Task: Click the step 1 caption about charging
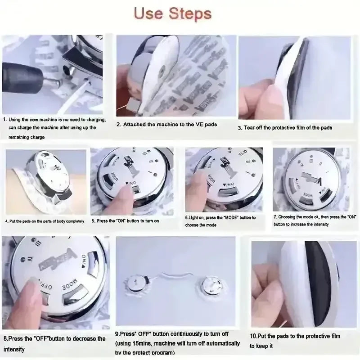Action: tap(54, 128)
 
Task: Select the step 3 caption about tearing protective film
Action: tap(285, 128)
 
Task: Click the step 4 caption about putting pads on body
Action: tap(45, 221)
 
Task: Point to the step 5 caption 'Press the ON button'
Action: tap(125, 221)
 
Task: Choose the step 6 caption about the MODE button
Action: tap(220, 221)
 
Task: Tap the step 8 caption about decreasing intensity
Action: tap(54, 343)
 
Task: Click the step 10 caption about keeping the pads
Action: tap(295, 341)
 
